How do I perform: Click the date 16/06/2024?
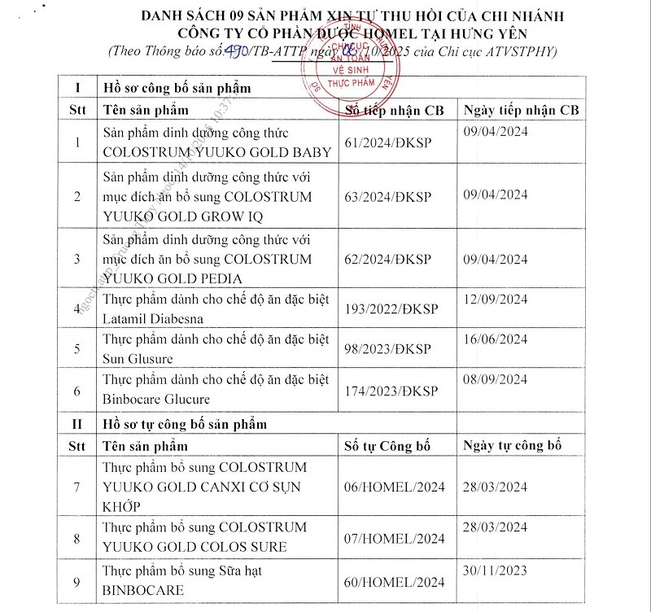point(496,343)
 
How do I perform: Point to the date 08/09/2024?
point(496,383)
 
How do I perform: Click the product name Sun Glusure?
point(138,359)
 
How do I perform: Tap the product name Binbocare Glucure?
point(156,399)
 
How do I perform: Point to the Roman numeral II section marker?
point(77,424)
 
